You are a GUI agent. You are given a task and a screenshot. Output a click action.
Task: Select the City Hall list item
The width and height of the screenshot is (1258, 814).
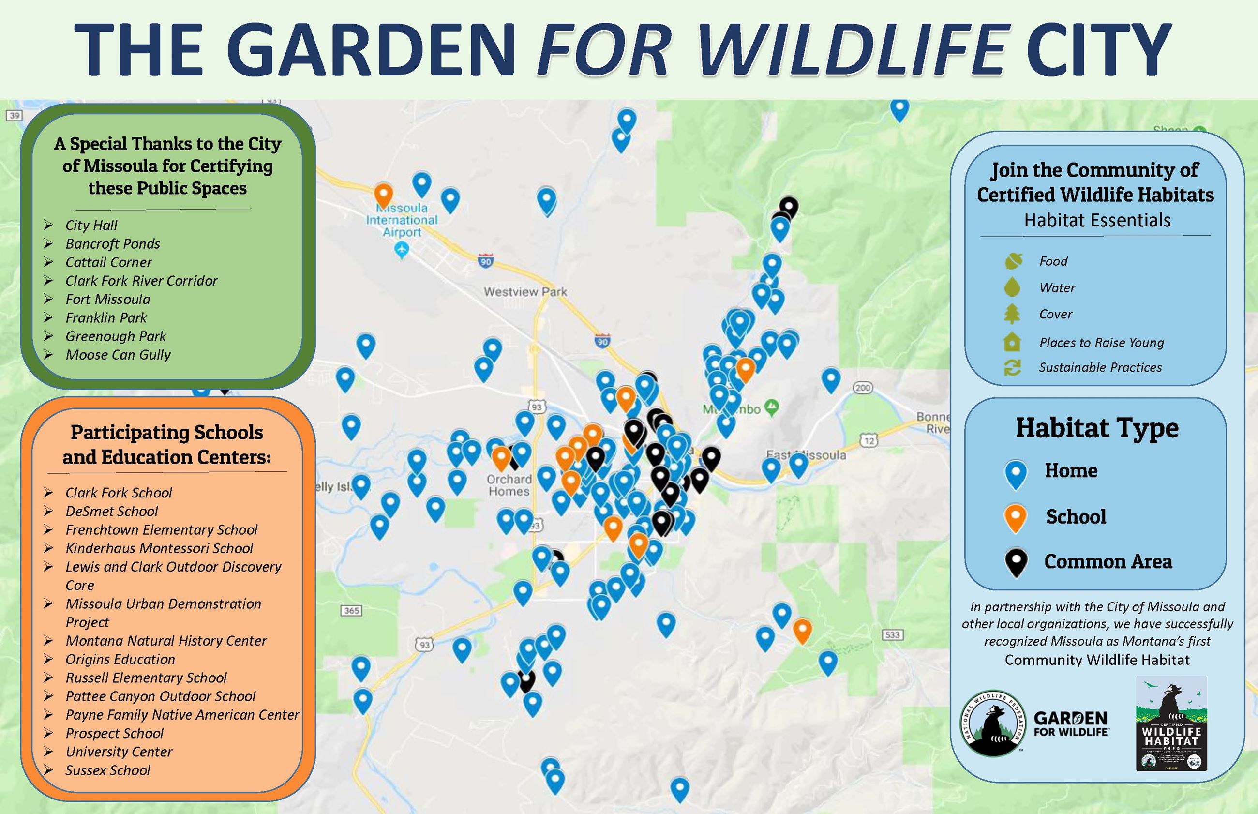pyautogui.click(x=91, y=225)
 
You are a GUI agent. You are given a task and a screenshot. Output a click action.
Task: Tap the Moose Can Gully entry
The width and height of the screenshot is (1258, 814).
pyautogui.click(x=118, y=355)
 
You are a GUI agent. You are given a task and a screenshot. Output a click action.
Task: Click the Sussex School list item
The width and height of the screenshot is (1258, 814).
pyautogui.click(x=108, y=770)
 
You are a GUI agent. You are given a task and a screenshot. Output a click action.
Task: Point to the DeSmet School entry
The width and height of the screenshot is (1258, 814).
pyautogui.click(x=111, y=511)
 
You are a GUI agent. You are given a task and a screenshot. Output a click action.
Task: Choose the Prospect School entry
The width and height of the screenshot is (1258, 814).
pyautogui.click(x=114, y=733)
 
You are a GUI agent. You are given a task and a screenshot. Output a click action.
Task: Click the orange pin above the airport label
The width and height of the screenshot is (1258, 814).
pyautogui.click(x=384, y=194)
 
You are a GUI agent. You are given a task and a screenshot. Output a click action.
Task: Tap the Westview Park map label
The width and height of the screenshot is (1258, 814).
pyautogui.click(x=524, y=292)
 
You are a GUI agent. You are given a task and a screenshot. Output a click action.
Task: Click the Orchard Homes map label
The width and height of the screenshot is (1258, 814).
pyautogui.click(x=509, y=485)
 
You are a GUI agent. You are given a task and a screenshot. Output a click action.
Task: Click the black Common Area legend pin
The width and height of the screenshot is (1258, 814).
pyautogui.click(x=1016, y=561)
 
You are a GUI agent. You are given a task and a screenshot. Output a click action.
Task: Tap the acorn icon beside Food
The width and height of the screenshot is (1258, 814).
pyautogui.click(x=1013, y=260)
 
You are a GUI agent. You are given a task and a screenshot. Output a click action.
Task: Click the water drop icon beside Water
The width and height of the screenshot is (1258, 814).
pyautogui.click(x=1012, y=287)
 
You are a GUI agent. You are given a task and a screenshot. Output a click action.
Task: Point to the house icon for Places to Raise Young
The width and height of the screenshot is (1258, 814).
pyautogui.click(x=1012, y=342)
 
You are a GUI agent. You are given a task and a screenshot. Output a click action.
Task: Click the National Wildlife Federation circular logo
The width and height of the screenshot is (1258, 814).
pyautogui.click(x=992, y=723)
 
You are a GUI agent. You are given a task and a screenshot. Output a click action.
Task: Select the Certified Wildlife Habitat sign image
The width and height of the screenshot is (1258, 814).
pyautogui.click(x=1171, y=723)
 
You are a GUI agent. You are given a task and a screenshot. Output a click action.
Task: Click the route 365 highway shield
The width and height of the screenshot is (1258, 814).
pyautogui.click(x=352, y=611)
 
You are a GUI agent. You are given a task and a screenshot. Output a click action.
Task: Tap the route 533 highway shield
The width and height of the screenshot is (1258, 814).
pyautogui.click(x=892, y=634)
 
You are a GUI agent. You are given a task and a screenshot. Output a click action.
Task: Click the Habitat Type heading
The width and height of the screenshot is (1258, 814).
pyautogui.click(x=1097, y=428)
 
